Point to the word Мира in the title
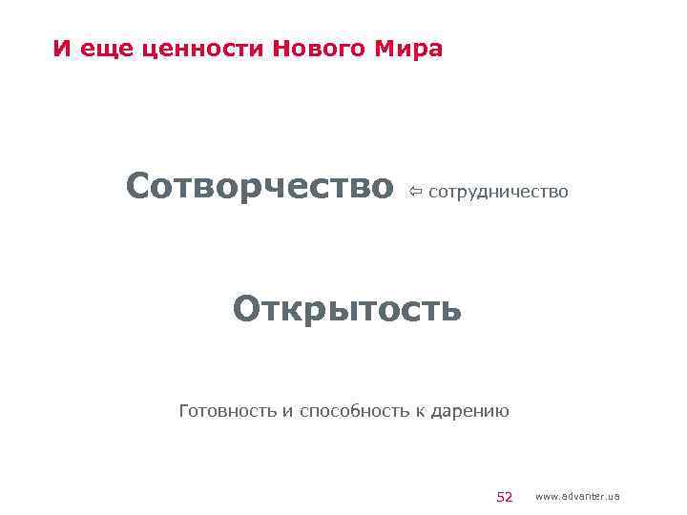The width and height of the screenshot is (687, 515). [x=412, y=49]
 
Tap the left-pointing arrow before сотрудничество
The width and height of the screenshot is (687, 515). [x=416, y=193]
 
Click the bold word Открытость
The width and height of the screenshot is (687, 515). [x=348, y=308]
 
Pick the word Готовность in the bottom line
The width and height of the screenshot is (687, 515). [x=227, y=412]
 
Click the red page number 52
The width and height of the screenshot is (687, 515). [x=505, y=496]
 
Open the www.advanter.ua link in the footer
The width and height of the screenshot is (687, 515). [x=578, y=496]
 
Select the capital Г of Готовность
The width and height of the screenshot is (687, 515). [x=184, y=412]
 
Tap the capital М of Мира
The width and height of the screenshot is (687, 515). [x=391, y=49]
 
